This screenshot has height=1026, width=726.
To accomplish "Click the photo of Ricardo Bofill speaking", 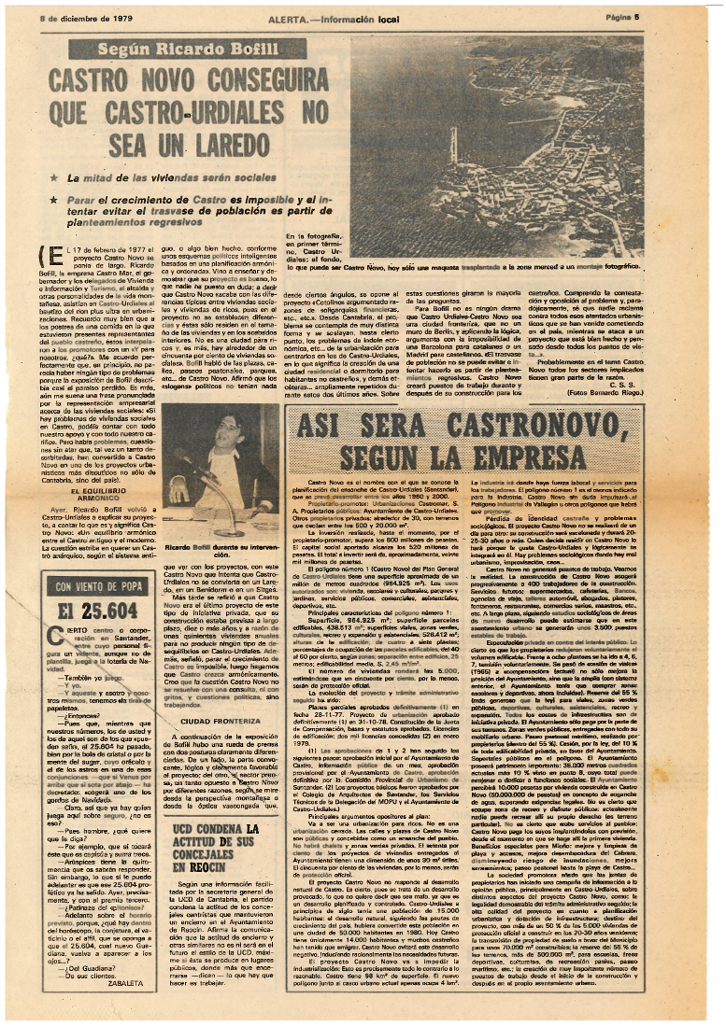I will pyautogui.click(x=215, y=475).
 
